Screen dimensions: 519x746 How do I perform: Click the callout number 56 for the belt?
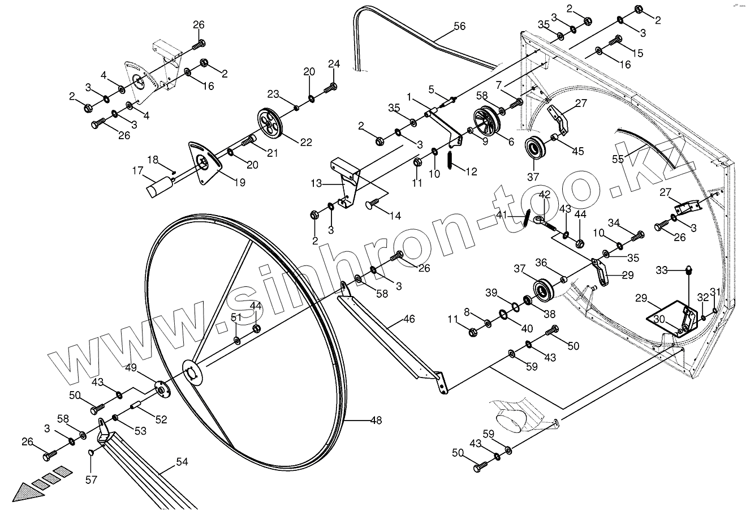[x=459, y=26]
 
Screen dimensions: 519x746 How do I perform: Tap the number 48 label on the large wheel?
[x=376, y=421]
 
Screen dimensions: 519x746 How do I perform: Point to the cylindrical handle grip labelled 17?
[x=159, y=186]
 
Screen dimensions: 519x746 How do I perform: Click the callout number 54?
[x=182, y=462]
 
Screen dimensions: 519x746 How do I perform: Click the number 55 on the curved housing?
[x=618, y=159]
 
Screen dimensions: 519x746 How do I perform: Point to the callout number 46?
[x=409, y=319]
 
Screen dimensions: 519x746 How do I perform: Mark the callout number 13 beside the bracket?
[x=316, y=183]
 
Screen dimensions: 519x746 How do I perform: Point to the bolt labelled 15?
[x=616, y=41]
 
